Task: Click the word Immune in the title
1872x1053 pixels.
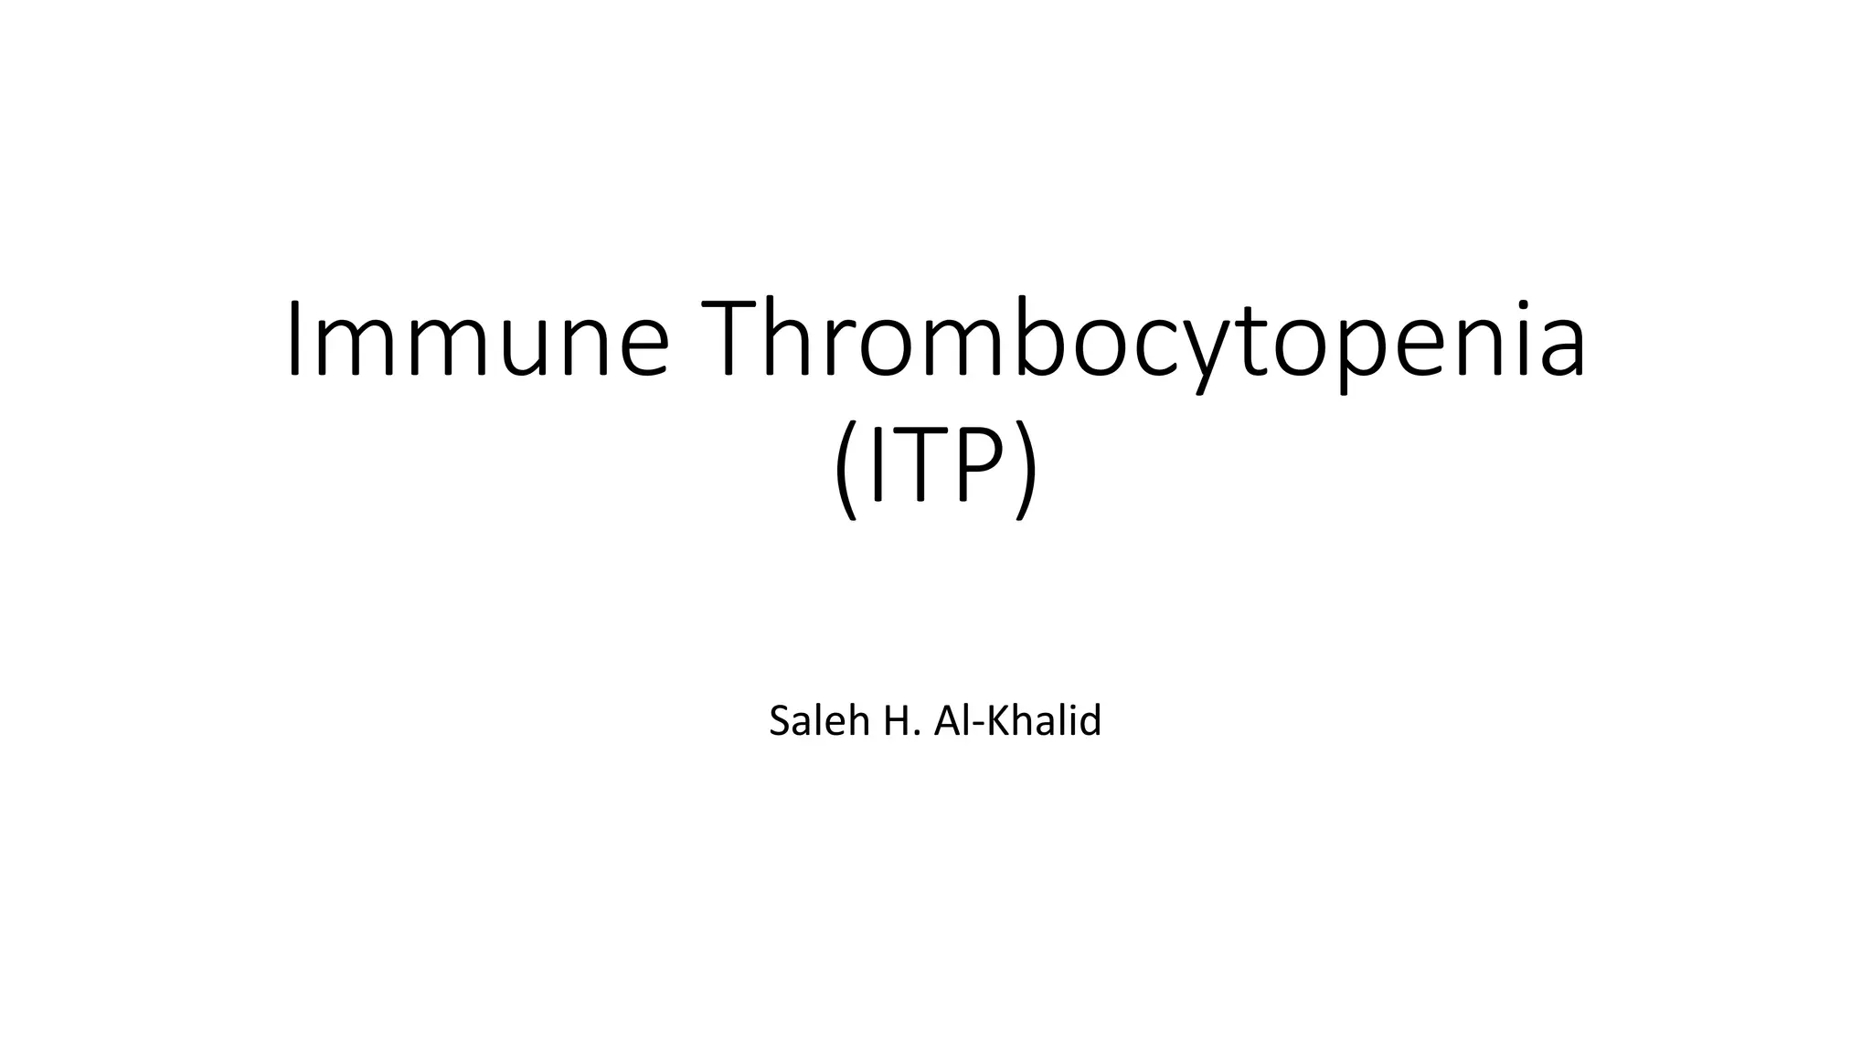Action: [x=478, y=340]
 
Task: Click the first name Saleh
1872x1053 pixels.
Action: [x=819, y=720]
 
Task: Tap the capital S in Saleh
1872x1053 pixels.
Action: [x=780, y=721]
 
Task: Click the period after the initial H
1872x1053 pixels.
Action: [x=915, y=734]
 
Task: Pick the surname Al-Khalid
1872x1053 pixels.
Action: [x=1017, y=720]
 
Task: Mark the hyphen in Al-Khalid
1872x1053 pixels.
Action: [x=970, y=725]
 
